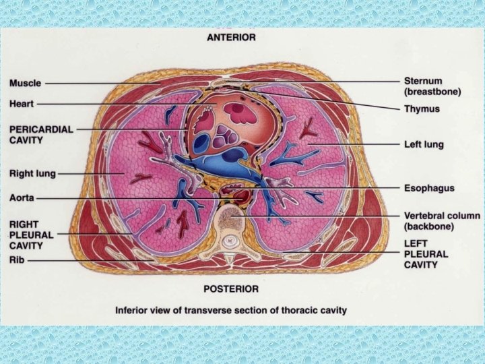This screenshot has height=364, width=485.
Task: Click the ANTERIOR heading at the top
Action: point(231,37)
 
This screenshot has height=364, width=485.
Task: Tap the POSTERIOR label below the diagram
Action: point(231,289)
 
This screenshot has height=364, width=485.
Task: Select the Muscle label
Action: point(25,84)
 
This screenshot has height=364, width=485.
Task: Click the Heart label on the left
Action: point(22,104)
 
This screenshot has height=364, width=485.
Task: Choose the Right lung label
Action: point(32,173)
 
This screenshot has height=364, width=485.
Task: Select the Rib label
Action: point(17,259)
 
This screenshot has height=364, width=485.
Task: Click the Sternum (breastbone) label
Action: point(432,86)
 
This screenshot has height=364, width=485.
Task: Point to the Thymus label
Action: point(422,109)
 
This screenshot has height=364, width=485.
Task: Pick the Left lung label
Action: point(424,144)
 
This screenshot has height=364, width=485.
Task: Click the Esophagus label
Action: point(429,188)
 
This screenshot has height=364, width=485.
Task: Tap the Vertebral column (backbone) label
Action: point(441,221)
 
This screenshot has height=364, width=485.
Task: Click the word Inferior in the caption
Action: point(134,311)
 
